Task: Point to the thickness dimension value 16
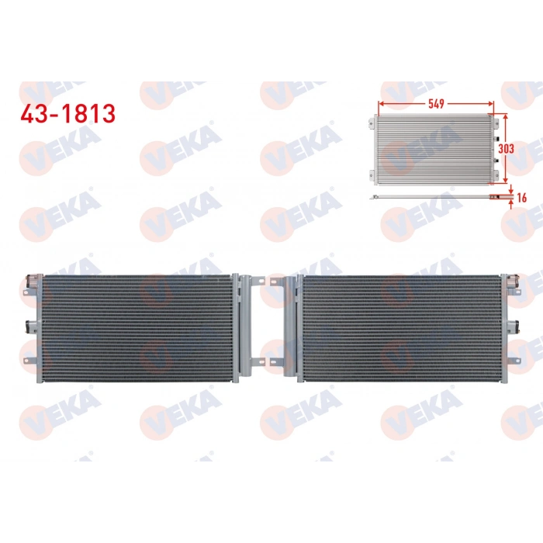pyautogui.click(x=521, y=199)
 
